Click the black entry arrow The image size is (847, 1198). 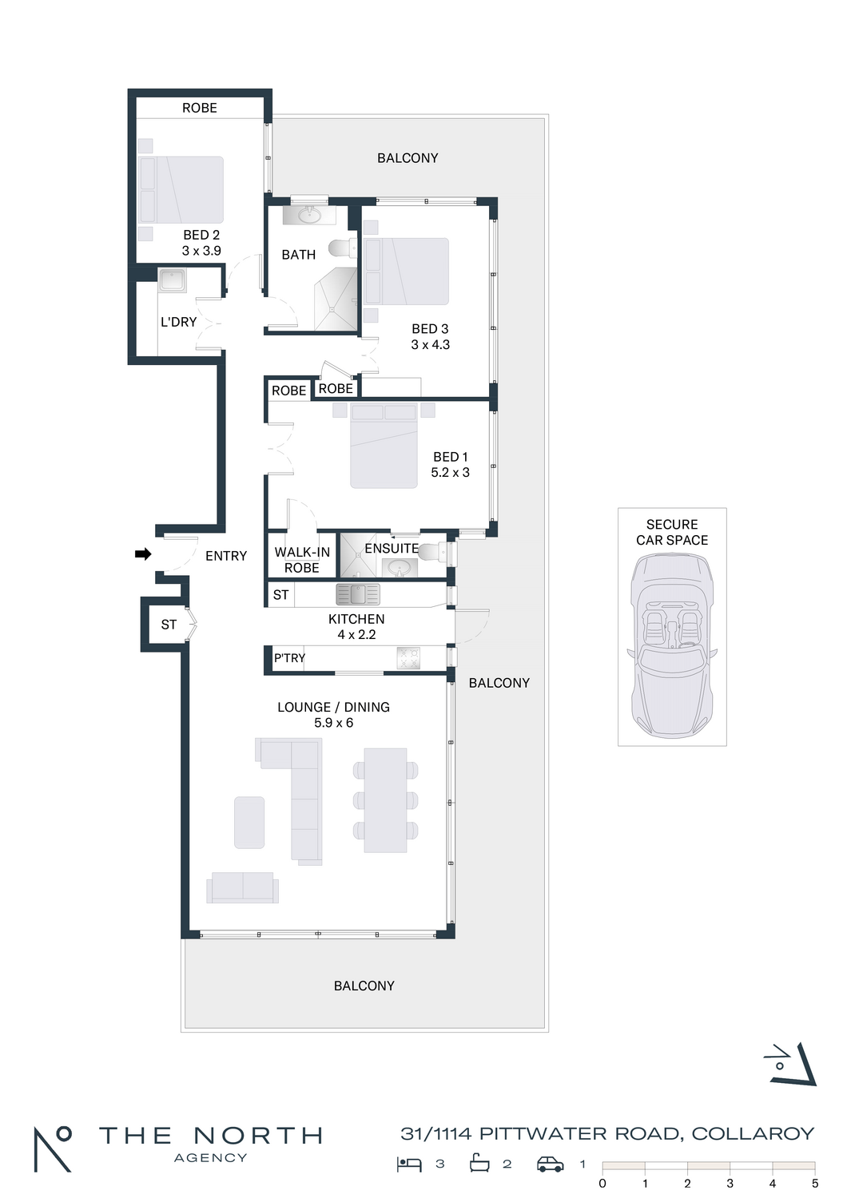tap(143, 554)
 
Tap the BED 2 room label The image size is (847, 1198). tap(201, 235)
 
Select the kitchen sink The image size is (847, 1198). tap(358, 594)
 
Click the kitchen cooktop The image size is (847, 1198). tap(409, 658)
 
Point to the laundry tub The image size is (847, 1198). tap(173, 281)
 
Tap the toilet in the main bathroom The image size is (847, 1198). tap(342, 248)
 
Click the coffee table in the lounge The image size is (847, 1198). tap(249, 822)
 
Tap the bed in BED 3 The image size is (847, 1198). tap(406, 272)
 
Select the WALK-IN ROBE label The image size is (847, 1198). tap(302, 560)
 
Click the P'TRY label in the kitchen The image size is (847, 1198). tap(289, 658)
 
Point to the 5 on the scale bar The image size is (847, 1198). tap(815, 1184)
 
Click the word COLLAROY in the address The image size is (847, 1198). tap(753, 1133)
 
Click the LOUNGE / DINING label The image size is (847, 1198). tap(333, 707)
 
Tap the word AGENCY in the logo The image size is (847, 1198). tap(211, 1158)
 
